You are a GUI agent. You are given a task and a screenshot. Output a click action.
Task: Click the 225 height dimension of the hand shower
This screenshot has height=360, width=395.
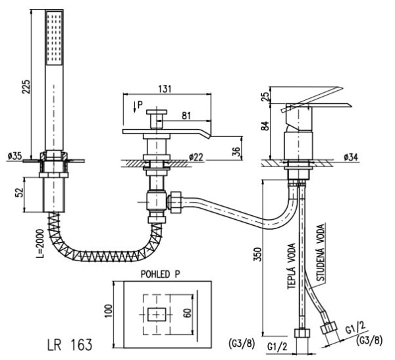[x=26, y=86]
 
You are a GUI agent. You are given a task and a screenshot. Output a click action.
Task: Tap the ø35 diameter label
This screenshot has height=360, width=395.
[x=14, y=157]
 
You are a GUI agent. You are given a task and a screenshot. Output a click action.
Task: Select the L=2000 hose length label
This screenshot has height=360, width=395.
[x=39, y=244]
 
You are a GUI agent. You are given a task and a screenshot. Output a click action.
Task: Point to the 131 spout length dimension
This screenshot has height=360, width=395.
[x=165, y=89]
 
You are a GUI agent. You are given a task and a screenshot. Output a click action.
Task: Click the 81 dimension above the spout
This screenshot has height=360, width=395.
[x=186, y=116]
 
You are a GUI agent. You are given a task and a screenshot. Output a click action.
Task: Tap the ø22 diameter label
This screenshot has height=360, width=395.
[x=196, y=157]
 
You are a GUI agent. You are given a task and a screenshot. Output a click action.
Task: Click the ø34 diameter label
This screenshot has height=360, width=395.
[x=350, y=157]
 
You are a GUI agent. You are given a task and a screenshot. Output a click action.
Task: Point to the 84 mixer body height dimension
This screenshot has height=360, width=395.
[x=265, y=126]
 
